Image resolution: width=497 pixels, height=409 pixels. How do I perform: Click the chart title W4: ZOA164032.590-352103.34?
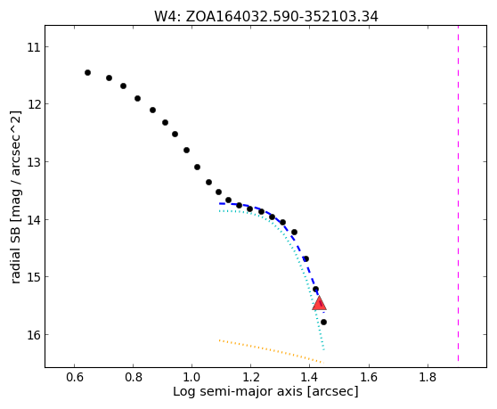point(266,17)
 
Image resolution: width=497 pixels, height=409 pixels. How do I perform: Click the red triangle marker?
point(319,303)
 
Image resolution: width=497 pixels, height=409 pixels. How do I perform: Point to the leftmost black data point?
point(88,72)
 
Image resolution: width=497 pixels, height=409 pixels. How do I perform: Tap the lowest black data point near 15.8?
point(323,323)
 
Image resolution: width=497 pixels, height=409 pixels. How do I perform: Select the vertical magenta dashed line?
point(459,193)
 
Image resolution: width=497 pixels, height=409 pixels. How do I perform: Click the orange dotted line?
point(272,351)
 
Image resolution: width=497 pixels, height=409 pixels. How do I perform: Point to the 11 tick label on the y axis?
point(34,47)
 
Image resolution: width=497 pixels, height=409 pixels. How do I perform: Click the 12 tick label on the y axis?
point(34,104)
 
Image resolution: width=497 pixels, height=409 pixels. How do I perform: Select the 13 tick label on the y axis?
point(34,161)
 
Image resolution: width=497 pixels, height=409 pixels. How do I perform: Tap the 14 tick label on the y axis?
point(34,219)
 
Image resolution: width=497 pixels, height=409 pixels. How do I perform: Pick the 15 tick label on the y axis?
point(34,277)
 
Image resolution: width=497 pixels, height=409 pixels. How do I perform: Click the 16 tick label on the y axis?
point(34,334)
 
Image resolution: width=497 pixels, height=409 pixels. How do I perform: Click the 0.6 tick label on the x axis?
point(75,377)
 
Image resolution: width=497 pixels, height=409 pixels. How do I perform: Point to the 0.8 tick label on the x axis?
point(134,377)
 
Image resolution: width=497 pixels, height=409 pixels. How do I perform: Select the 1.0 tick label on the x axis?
point(192,377)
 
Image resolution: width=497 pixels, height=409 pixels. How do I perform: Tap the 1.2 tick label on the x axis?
point(251,377)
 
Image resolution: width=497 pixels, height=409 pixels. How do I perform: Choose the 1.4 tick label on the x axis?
point(310,377)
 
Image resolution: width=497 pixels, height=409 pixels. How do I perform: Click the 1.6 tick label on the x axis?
point(369,377)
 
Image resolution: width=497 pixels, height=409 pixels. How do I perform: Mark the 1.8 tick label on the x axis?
point(428,377)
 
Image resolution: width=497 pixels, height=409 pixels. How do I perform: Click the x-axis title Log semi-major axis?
point(238,392)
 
